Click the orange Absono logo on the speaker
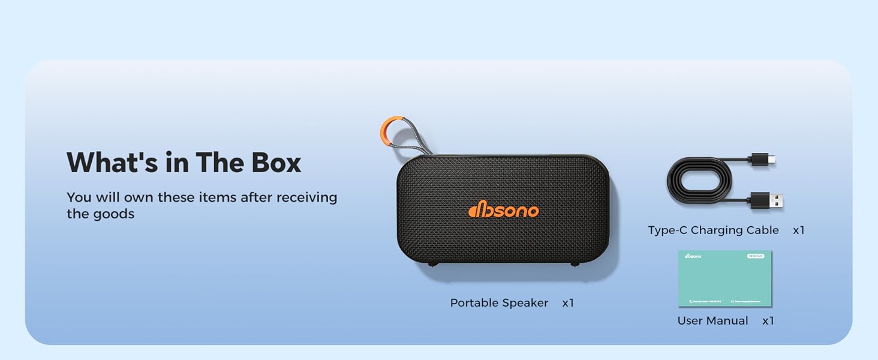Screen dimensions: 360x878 [503, 209]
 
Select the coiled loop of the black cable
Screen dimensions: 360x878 [699, 179]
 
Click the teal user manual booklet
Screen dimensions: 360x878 [724, 279]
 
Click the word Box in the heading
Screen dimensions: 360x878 [278, 163]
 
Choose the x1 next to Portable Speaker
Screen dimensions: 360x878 [568, 303]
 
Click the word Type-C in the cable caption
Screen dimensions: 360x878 [667, 230]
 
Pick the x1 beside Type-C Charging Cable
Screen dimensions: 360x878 [798, 230]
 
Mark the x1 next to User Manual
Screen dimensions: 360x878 [768, 321]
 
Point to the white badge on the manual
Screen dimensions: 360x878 [755, 256]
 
